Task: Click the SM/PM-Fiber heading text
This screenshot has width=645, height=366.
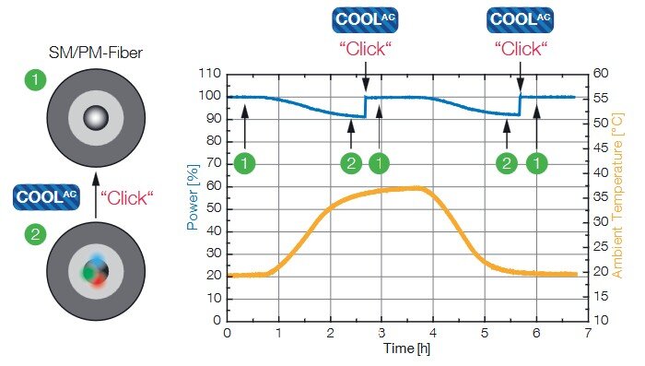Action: point(96,53)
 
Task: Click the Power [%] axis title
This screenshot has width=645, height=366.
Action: point(193,197)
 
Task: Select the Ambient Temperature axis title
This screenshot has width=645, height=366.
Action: point(618,196)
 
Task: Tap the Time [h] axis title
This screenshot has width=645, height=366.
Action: point(406,348)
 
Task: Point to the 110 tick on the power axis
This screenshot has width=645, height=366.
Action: point(210,73)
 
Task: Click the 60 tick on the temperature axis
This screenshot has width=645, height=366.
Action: point(601,73)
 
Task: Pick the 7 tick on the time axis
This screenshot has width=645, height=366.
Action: point(588,333)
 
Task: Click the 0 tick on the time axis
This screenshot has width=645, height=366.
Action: point(227,333)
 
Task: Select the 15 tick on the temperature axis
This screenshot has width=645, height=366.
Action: point(601,296)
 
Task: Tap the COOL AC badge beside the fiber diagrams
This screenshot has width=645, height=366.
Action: point(46,197)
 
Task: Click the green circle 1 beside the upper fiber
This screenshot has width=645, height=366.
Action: point(35,80)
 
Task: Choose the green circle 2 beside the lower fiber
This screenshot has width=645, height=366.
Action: point(35,235)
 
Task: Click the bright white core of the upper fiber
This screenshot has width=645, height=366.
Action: point(96,118)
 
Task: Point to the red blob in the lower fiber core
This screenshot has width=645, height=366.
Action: point(100,280)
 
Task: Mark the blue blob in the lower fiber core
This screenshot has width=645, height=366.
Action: point(97,260)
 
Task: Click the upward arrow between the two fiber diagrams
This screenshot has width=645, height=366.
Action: point(96,195)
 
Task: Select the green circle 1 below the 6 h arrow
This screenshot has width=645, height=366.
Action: point(537,163)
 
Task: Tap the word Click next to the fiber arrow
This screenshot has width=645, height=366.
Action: point(127,197)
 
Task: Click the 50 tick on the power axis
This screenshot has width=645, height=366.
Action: point(214,209)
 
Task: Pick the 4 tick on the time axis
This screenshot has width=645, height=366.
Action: point(433,333)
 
